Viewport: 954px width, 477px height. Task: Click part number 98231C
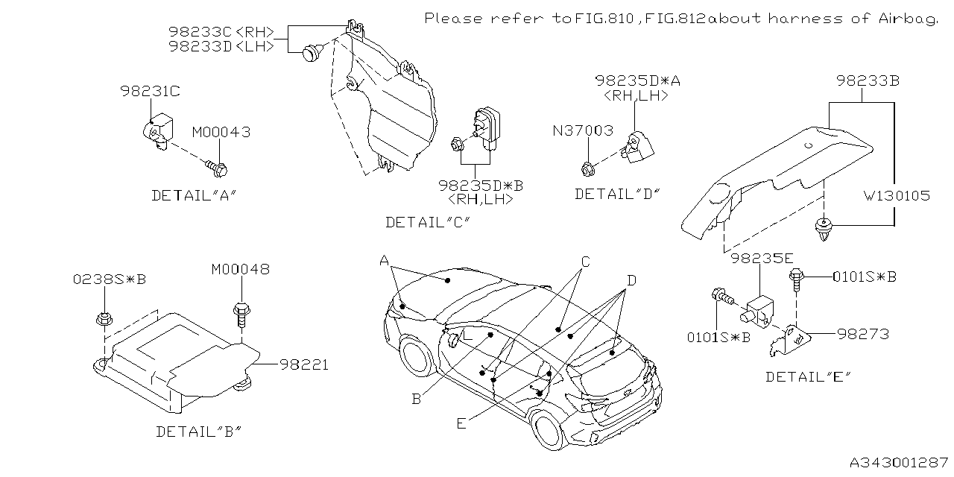coord(150,92)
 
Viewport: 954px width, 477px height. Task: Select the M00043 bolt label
coord(221,132)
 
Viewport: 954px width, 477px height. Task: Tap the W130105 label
coord(897,195)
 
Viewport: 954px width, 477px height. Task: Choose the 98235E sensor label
coord(761,259)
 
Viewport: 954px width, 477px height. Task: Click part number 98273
coord(862,335)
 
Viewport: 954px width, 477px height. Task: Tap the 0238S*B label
coord(109,279)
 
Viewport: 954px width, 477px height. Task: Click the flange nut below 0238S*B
coord(104,320)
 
